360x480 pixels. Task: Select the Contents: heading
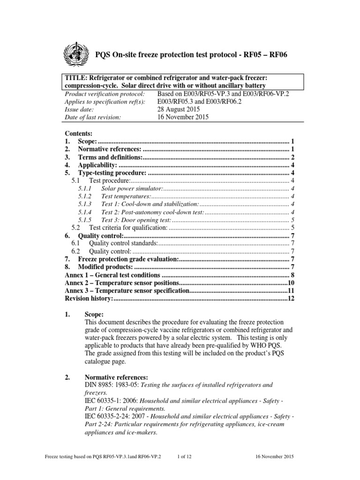click(x=79, y=134)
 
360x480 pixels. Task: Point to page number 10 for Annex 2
click(x=290, y=283)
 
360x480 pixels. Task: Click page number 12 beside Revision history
click(x=290, y=299)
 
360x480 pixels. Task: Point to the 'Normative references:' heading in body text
click(x=116, y=377)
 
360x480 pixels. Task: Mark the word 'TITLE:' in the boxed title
click(x=76, y=77)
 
